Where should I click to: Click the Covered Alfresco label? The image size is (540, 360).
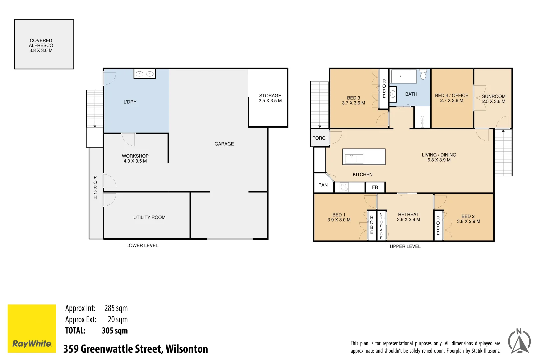point(41,45)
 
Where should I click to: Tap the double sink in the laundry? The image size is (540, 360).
point(145,74)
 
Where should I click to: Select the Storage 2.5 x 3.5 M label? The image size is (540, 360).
point(270,98)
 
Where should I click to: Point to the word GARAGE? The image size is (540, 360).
point(224,144)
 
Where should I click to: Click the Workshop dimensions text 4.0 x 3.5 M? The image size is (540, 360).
point(135,161)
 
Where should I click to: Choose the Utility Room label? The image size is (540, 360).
point(149,217)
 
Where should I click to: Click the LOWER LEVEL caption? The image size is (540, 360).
point(142,245)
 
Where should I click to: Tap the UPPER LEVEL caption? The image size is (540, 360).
point(405,246)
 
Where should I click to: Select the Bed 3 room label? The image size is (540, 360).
point(353,100)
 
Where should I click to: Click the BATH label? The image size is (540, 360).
point(411,94)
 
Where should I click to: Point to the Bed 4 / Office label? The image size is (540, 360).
point(451,98)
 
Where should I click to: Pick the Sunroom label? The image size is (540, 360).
point(493,99)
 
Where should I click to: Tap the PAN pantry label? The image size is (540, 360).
point(323,185)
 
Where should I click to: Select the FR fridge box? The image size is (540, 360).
point(375,187)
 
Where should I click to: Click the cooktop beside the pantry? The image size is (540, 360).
point(344,187)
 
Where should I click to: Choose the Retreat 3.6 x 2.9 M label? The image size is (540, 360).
point(408,217)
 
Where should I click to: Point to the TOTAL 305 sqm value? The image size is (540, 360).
point(115,331)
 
